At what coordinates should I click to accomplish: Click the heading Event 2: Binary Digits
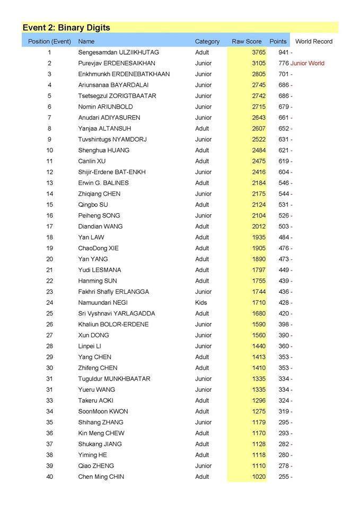[66, 28]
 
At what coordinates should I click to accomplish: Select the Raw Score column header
[247, 41]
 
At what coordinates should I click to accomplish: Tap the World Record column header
[314, 41]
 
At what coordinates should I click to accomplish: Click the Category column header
[207, 41]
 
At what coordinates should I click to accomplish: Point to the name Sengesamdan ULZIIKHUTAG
[118, 52]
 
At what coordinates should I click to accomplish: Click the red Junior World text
[308, 64]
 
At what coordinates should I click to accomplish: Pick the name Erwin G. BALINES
[103, 183]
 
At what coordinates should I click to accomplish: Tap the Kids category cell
[201, 303]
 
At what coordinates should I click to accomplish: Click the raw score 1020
[259, 477]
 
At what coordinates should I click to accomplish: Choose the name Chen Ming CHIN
[101, 477]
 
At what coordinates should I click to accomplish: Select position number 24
[50, 303]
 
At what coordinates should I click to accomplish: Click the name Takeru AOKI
[96, 401]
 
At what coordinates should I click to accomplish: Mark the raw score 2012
[259, 226]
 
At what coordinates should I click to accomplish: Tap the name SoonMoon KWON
[103, 411]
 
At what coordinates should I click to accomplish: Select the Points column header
[278, 41]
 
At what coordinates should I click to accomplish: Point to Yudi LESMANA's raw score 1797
[259, 270]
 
